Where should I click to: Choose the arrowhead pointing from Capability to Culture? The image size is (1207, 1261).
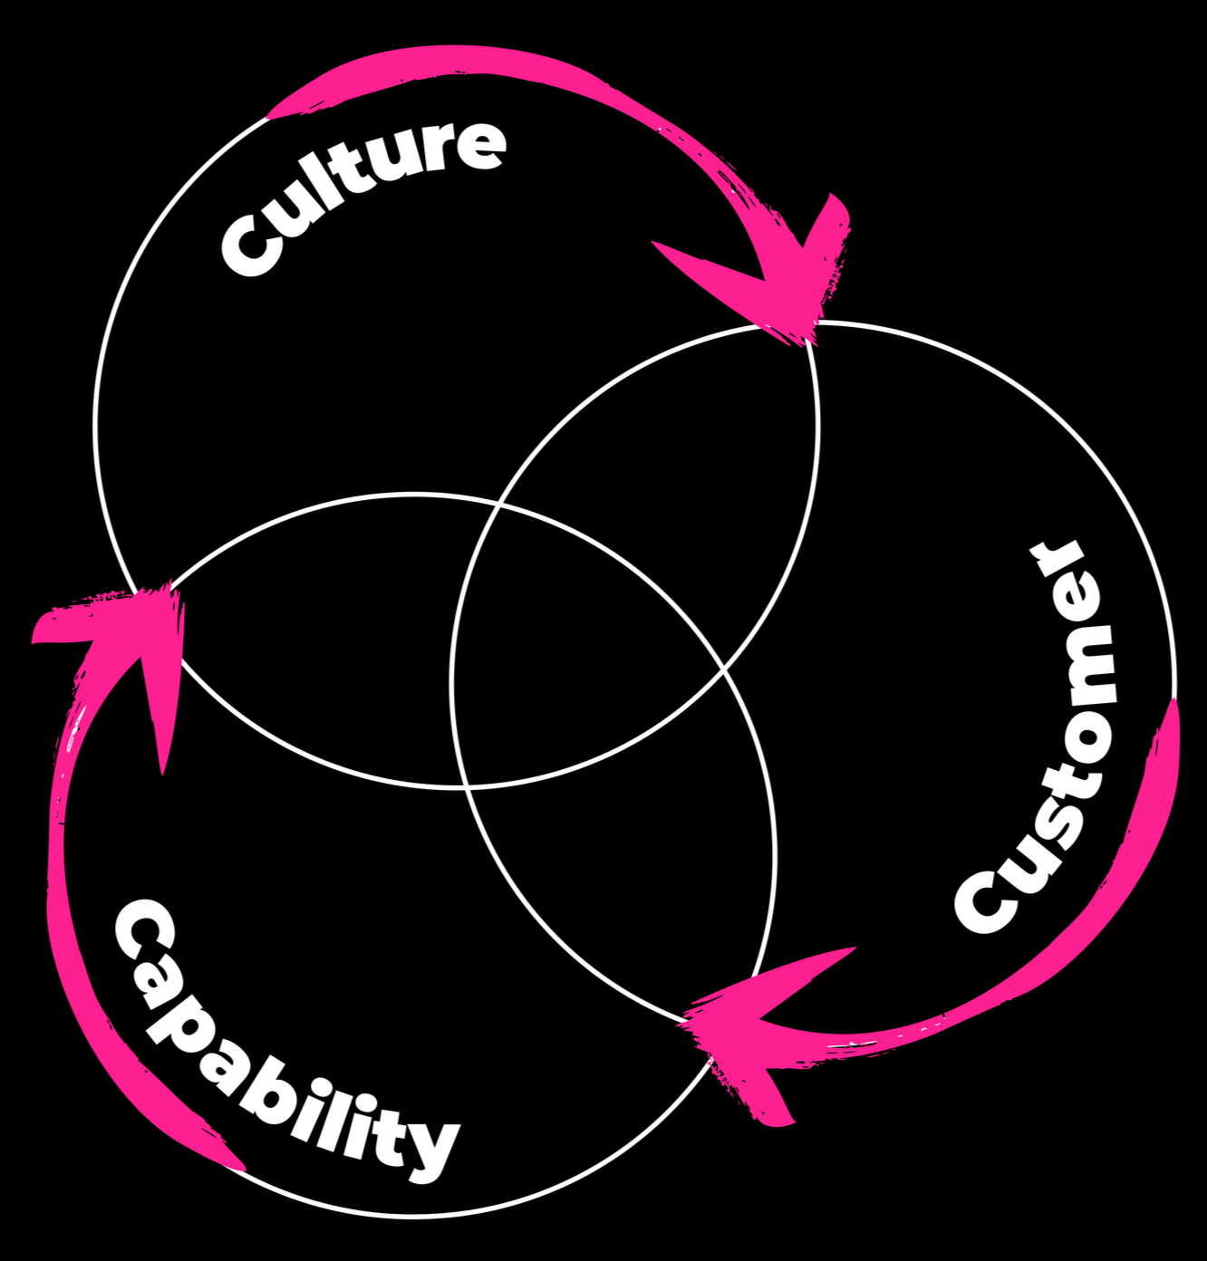click(136, 634)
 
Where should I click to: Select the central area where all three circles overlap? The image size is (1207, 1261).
click(589, 652)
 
